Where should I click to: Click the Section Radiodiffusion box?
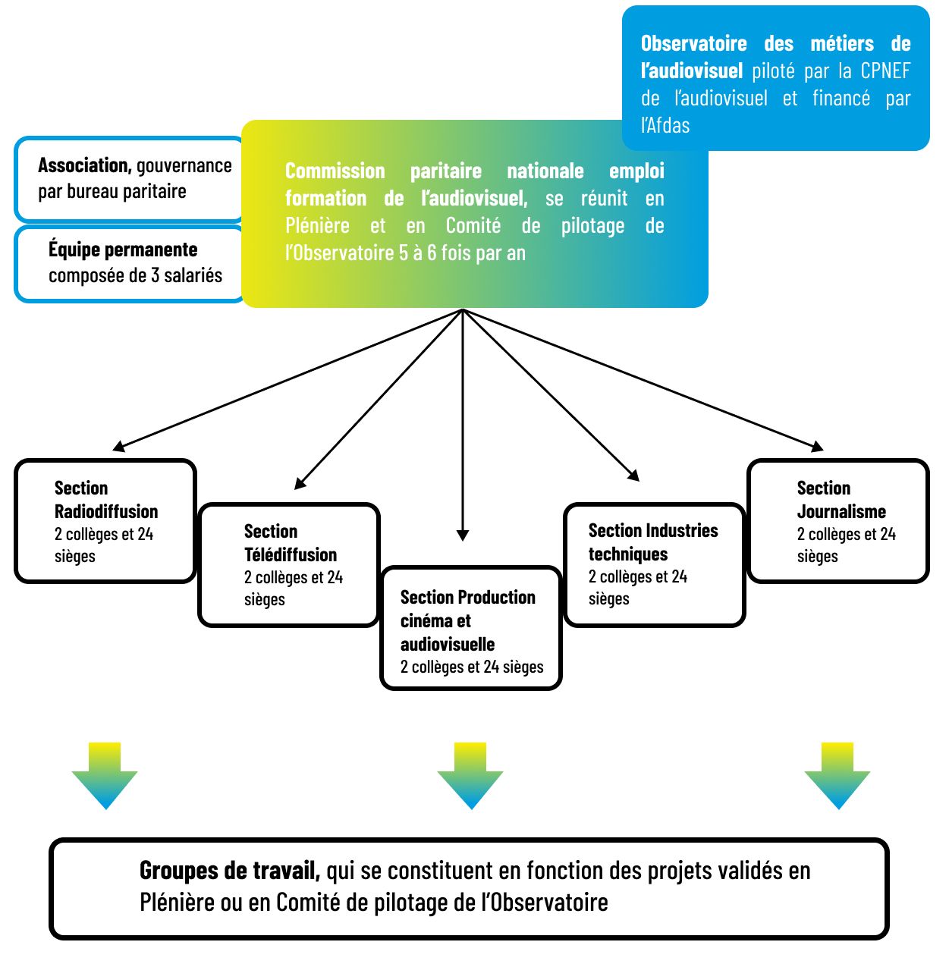pyautogui.click(x=105, y=521)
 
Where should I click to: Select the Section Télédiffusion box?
pyautogui.click(x=288, y=565)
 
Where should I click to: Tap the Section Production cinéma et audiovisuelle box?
pyautogui.click(x=470, y=629)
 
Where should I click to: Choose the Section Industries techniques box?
pyautogui.click(x=654, y=565)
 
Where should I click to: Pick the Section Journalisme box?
pyautogui.click(x=837, y=521)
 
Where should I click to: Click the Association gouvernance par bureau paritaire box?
pyautogui.click(x=129, y=179)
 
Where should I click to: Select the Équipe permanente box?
pyautogui.click(x=129, y=263)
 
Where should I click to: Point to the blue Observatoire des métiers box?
pyautogui.click(x=775, y=77)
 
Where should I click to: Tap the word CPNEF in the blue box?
pyautogui.click(x=885, y=71)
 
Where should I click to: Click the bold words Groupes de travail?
pyautogui.click(x=229, y=871)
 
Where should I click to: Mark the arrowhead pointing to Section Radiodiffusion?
pyautogui.click(x=118, y=446)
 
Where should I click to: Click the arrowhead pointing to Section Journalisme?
pyautogui.click(x=817, y=446)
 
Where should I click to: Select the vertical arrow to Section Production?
pyautogui.click(x=463, y=425)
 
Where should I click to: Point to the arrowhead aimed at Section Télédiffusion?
pyautogui.click(x=300, y=483)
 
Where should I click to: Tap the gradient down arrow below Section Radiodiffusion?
pyautogui.click(x=105, y=776)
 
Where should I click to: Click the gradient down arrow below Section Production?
pyautogui.click(x=470, y=776)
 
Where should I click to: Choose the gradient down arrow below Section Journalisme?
pyautogui.click(x=837, y=776)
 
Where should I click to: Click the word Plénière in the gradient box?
pyautogui.click(x=317, y=226)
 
